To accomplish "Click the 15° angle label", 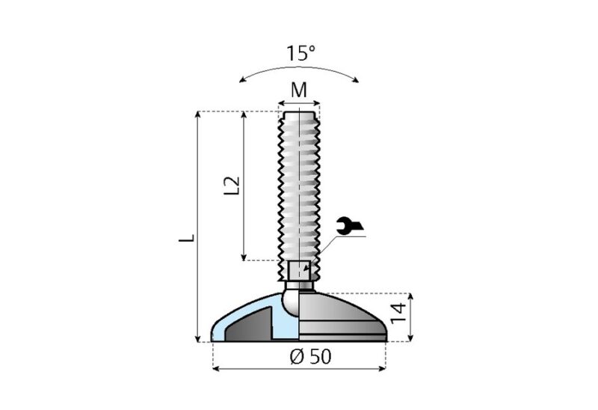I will tap(300, 54).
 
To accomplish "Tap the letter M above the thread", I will tap(299, 91).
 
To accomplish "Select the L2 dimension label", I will tap(232, 186).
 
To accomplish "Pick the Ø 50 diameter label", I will tap(309, 357).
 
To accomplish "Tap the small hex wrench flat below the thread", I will tap(299, 270).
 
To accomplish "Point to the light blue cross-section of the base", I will tap(224, 326).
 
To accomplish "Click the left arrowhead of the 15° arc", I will tap(241, 79).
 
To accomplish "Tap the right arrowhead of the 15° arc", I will tap(358, 79).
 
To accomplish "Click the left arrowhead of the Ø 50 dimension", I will tap(217, 368).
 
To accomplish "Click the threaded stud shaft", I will tap(299, 187).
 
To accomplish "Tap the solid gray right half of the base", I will tap(344, 318).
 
